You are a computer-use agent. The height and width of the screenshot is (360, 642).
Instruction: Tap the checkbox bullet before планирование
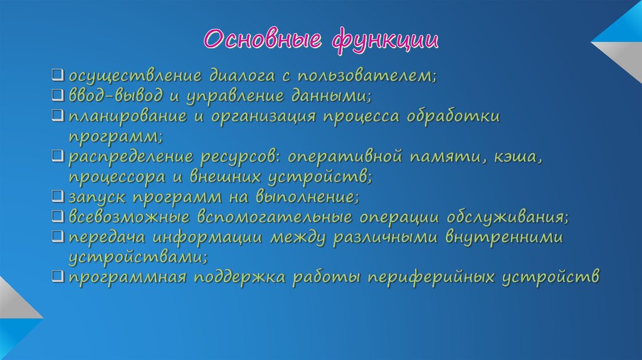click(57, 117)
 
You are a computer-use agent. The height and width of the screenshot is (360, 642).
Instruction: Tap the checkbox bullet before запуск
click(57, 197)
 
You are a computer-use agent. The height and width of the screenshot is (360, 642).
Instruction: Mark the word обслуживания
click(507, 217)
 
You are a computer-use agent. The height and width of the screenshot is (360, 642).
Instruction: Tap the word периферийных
click(429, 277)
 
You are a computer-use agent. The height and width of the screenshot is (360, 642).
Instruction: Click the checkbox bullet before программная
click(57, 277)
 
